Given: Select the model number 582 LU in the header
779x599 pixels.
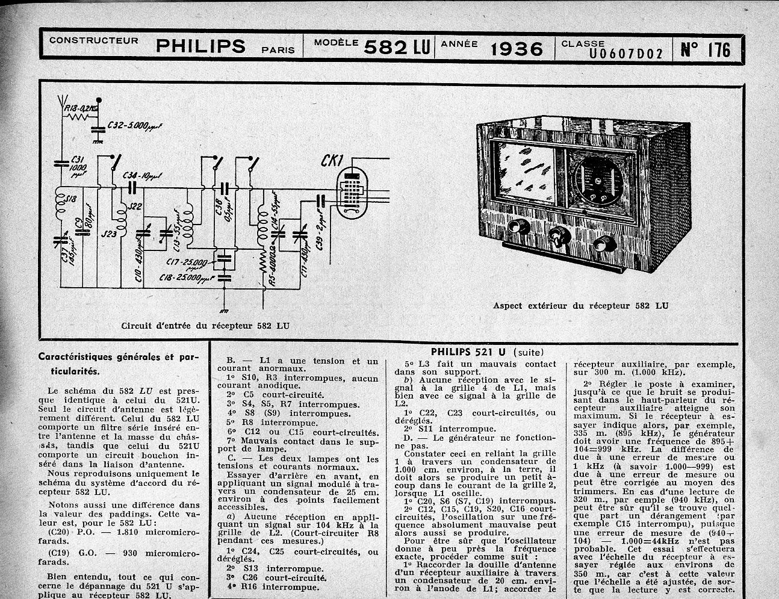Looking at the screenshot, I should click(x=396, y=48).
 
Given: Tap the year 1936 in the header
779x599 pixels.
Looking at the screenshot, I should click(x=517, y=48).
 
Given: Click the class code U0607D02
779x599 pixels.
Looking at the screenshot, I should click(x=625, y=54).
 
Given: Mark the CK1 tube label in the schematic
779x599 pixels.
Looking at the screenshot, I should click(x=332, y=161).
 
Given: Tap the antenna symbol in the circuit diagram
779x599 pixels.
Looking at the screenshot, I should click(x=62, y=102).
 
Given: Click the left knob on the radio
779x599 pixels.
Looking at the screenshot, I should click(x=515, y=228).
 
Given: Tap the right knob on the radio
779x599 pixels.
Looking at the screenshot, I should click(x=602, y=244).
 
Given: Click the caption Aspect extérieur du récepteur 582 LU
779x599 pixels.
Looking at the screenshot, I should click(x=580, y=306).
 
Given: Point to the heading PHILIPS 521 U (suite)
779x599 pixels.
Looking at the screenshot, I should click(x=486, y=352).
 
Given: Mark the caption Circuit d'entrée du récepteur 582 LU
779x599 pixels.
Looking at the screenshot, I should click(x=205, y=326).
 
